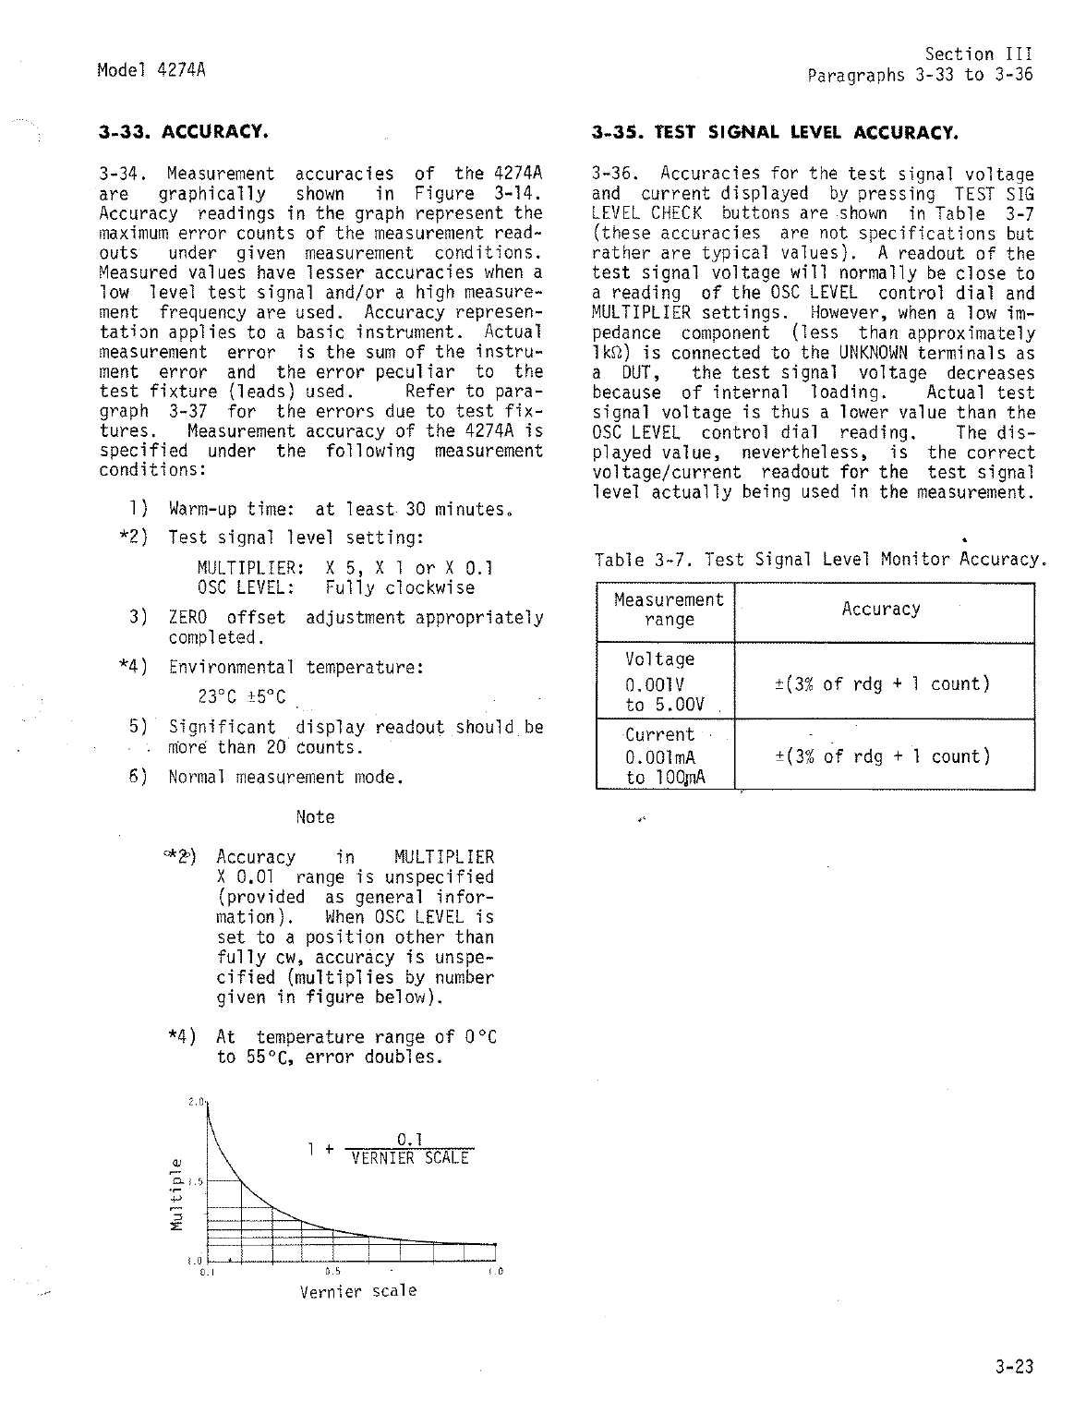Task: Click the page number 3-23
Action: tap(1015, 1368)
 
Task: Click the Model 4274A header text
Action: tap(151, 69)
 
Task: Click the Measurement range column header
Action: tap(669, 610)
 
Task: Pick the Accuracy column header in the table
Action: tap(881, 610)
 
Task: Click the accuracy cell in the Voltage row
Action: tap(881, 683)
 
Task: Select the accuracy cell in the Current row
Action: tap(881, 756)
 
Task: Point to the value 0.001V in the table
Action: tap(654, 685)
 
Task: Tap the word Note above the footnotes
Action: tap(315, 817)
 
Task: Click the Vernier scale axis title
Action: tap(358, 1291)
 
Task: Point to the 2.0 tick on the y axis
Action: tap(195, 1102)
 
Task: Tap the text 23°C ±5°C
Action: tap(242, 696)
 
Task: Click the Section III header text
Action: tap(979, 54)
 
